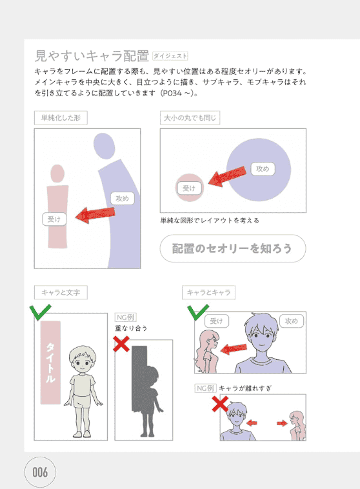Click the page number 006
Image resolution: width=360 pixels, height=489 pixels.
[40, 472]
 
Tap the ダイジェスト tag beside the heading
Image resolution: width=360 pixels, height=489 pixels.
[170, 56]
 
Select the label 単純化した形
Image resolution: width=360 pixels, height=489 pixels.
[61, 118]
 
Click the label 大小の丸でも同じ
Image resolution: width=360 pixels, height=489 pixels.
[190, 118]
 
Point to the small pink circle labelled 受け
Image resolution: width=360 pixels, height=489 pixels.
[190, 188]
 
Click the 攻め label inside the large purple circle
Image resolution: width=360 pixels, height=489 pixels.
[263, 169]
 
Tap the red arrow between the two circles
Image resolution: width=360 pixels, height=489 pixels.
[227, 176]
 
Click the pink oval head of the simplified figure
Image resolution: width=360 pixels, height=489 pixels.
[57, 174]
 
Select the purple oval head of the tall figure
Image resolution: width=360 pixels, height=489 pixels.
[105, 146]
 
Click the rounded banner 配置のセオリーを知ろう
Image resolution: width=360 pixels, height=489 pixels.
[233, 248]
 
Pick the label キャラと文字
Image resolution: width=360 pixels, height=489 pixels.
[61, 292]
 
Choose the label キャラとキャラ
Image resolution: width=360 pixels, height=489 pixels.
[208, 292]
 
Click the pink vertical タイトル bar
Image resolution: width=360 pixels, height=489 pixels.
[50, 363]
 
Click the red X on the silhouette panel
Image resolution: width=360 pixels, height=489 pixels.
[121, 344]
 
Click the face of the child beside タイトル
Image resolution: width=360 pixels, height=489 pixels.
[83, 361]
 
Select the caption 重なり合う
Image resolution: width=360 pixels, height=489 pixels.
[131, 328]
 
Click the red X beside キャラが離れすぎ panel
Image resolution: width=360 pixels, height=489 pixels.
[220, 404]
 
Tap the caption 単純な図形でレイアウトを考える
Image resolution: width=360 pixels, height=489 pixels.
[210, 221]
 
